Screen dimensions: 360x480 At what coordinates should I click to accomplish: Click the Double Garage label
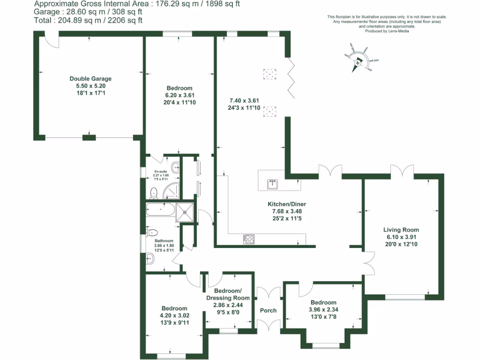90,79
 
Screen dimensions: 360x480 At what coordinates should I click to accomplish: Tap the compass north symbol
358,60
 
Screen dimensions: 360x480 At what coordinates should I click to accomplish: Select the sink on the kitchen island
273,184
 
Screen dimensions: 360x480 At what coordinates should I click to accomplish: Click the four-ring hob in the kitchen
249,239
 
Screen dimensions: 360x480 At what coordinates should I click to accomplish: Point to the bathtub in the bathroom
161,210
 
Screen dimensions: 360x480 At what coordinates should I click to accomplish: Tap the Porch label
268,310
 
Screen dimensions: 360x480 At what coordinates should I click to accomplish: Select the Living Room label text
401,230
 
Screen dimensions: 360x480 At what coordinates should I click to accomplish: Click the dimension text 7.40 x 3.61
244,100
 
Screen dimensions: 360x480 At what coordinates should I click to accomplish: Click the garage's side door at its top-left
52,39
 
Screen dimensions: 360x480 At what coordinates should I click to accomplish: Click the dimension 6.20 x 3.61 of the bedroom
180,95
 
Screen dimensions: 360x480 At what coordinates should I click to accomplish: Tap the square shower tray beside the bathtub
185,212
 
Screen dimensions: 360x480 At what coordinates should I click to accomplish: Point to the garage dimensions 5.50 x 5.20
90,86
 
